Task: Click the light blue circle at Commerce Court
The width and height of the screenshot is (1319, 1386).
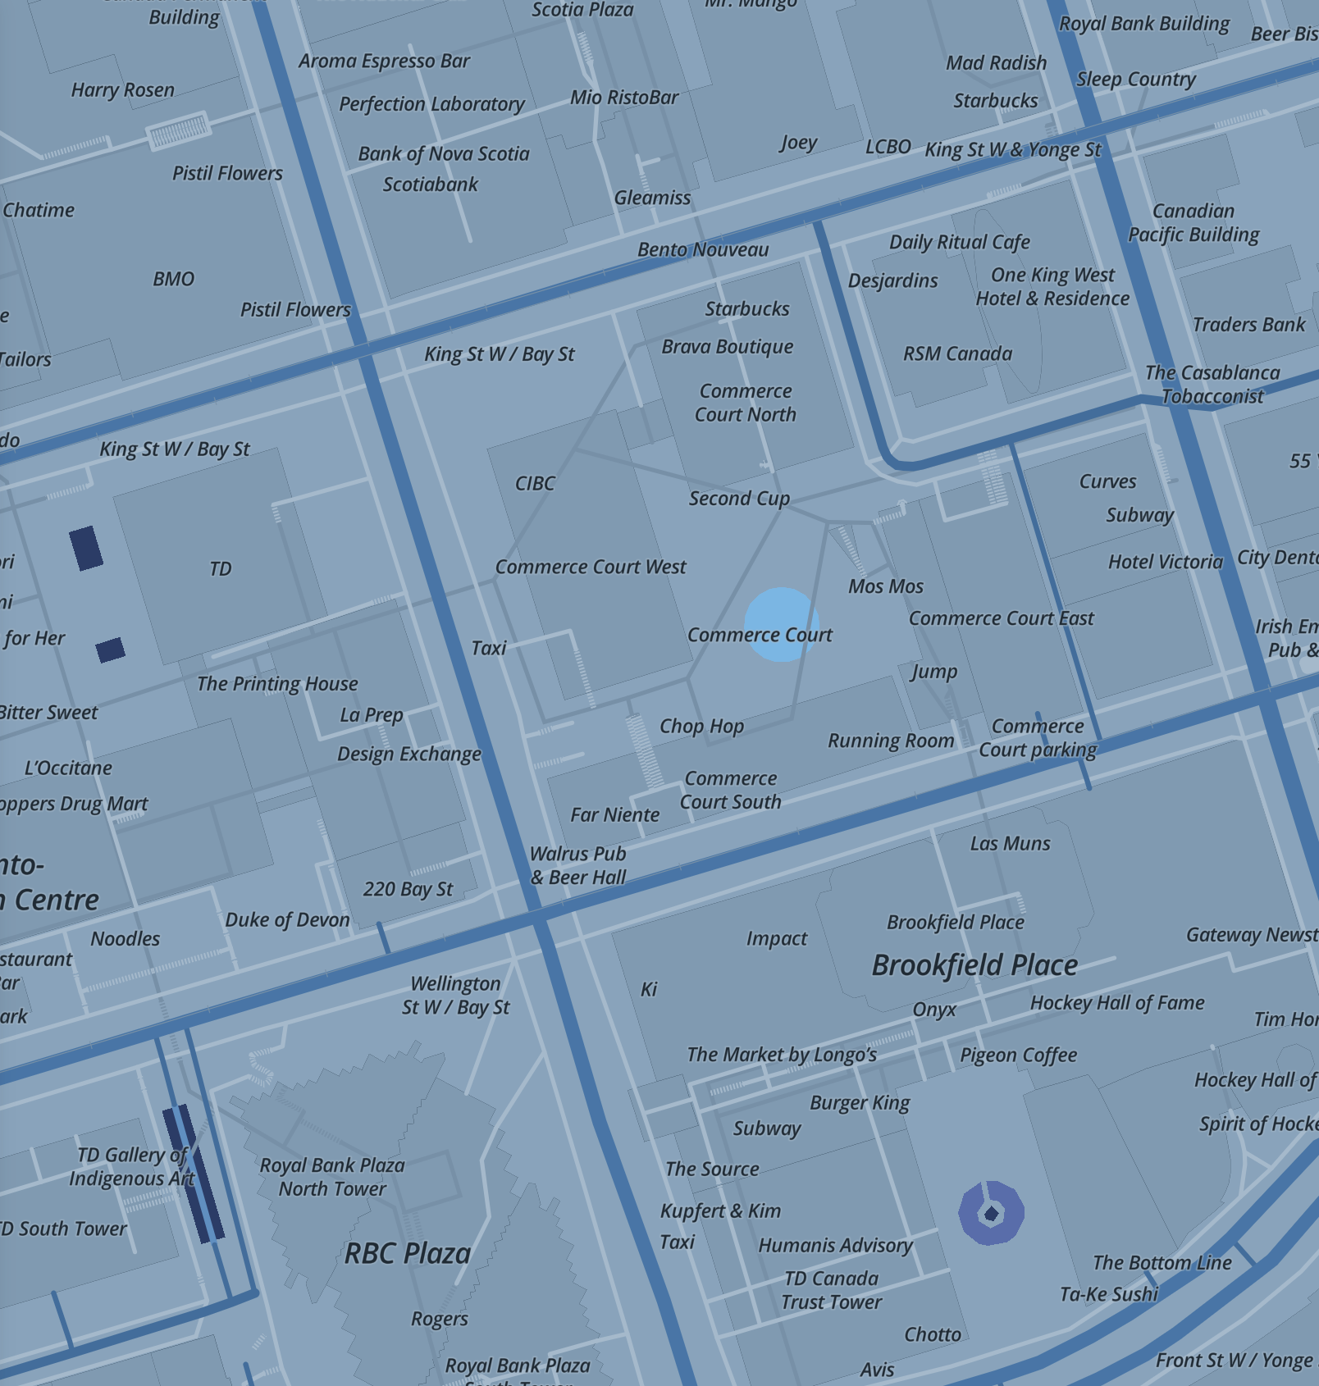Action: [782, 624]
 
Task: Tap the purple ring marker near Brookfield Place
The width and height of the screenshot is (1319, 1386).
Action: [991, 1213]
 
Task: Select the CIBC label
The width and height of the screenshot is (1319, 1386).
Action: [535, 484]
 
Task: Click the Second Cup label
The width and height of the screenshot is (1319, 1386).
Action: [739, 499]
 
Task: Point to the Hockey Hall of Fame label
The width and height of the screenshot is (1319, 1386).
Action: [1117, 1003]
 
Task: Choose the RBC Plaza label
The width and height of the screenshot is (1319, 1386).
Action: [408, 1253]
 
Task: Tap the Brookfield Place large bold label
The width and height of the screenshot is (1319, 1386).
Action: [974, 965]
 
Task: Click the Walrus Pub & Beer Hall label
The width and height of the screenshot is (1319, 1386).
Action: [577, 865]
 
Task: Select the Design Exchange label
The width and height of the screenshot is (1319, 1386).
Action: [409, 754]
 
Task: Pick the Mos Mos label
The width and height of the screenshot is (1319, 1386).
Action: [886, 586]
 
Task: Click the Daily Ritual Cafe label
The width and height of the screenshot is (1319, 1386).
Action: [960, 242]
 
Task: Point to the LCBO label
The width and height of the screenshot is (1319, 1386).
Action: [888, 147]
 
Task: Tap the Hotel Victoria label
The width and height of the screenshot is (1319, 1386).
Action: [1165, 562]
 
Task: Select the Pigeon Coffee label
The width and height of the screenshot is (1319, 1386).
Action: [1018, 1055]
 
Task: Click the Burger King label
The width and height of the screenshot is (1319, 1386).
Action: [860, 1103]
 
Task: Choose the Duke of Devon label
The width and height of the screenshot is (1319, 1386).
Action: [287, 920]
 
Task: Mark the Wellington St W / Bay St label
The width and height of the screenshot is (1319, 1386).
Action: [455, 995]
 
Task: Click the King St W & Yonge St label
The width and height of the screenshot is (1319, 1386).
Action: [1013, 150]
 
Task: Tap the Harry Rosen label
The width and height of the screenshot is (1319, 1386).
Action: [123, 90]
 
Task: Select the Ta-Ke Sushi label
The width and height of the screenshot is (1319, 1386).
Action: [1108, 1294]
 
